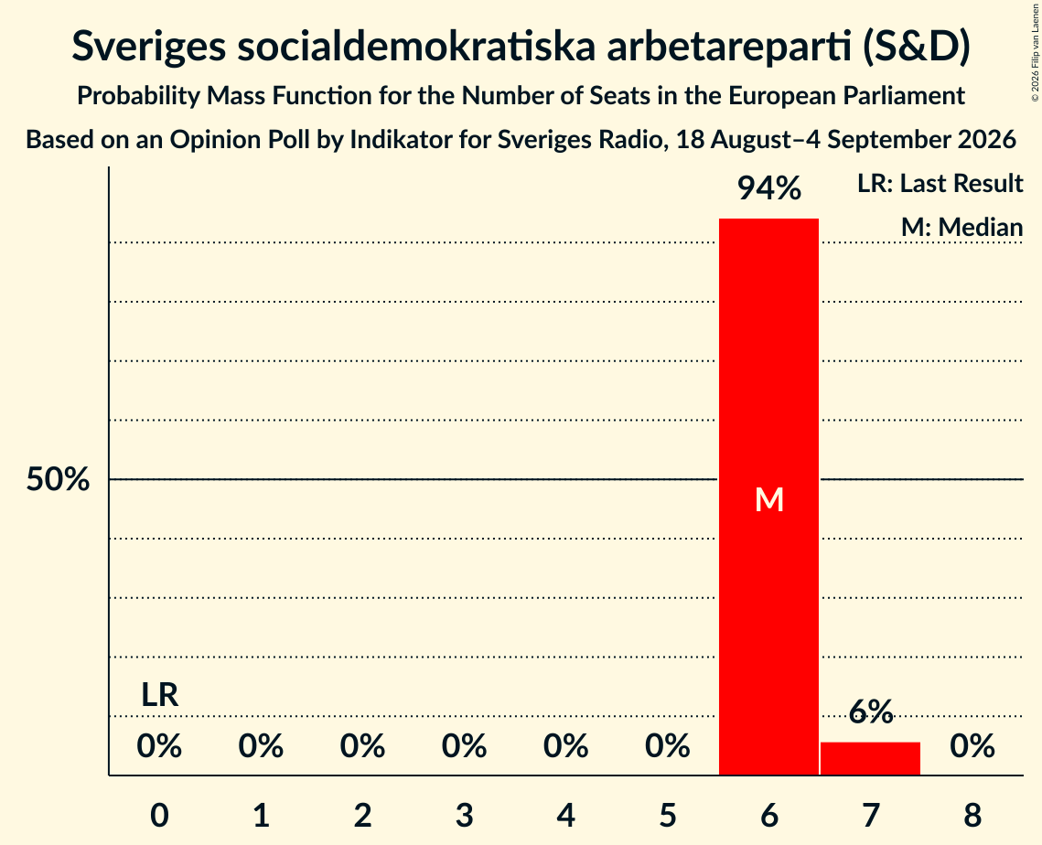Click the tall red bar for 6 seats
point(768,497)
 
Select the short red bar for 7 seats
point(871,758)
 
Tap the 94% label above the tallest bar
point(768,188)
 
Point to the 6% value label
point(871,711)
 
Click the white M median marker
point(768,499)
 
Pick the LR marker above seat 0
point(159,695)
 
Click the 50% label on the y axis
point(58,479)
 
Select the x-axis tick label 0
point(159,815)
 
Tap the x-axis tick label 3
point(464,815)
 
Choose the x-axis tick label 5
point(667,815)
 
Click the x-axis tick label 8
point(972,815)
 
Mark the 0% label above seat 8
point(972,746)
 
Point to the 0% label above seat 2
point(362,746)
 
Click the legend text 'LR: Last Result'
point(940,183)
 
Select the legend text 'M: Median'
point(961,227)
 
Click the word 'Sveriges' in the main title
point(148,47)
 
